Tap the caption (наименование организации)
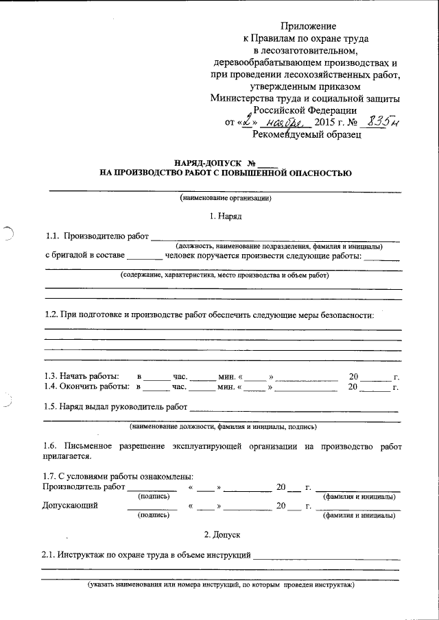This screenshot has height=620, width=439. [226, 198]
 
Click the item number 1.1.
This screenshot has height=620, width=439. [52, 237]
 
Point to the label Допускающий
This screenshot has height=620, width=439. [69, 506]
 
